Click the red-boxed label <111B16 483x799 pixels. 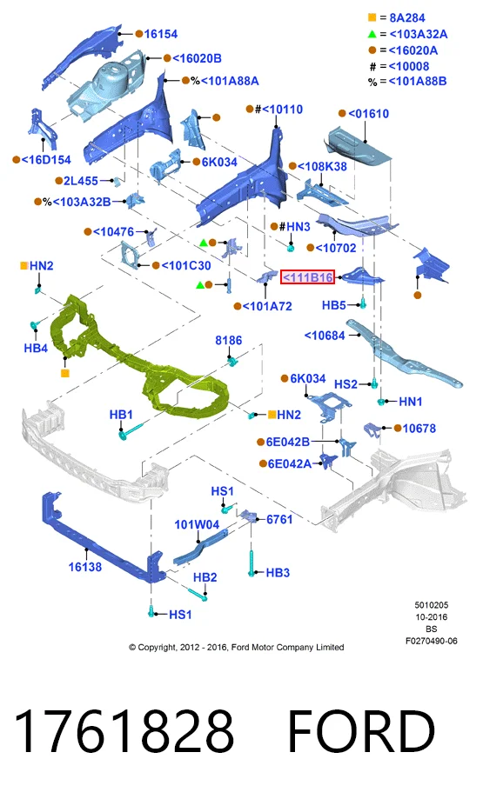[307, 277]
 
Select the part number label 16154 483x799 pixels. [161, 34]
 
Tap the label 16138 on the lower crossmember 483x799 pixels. [85, 567]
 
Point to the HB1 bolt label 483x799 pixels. [121, 415]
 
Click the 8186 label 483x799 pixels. [229, 341]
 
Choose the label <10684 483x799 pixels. [325, 336]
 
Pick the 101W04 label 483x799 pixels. [197, 524]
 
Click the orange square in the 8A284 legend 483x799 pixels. [372, 18]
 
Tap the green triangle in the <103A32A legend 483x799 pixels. [372, 34]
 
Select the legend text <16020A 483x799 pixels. [413, 50]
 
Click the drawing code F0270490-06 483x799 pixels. [432, 641]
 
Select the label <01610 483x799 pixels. [368, 114]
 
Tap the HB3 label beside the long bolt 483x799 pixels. [278, 573]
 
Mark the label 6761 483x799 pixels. [279, 519]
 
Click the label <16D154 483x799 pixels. [46, 159]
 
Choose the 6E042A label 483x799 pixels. [289, 463]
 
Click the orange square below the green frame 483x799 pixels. [64, 373]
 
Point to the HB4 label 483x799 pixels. [36, 349]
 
